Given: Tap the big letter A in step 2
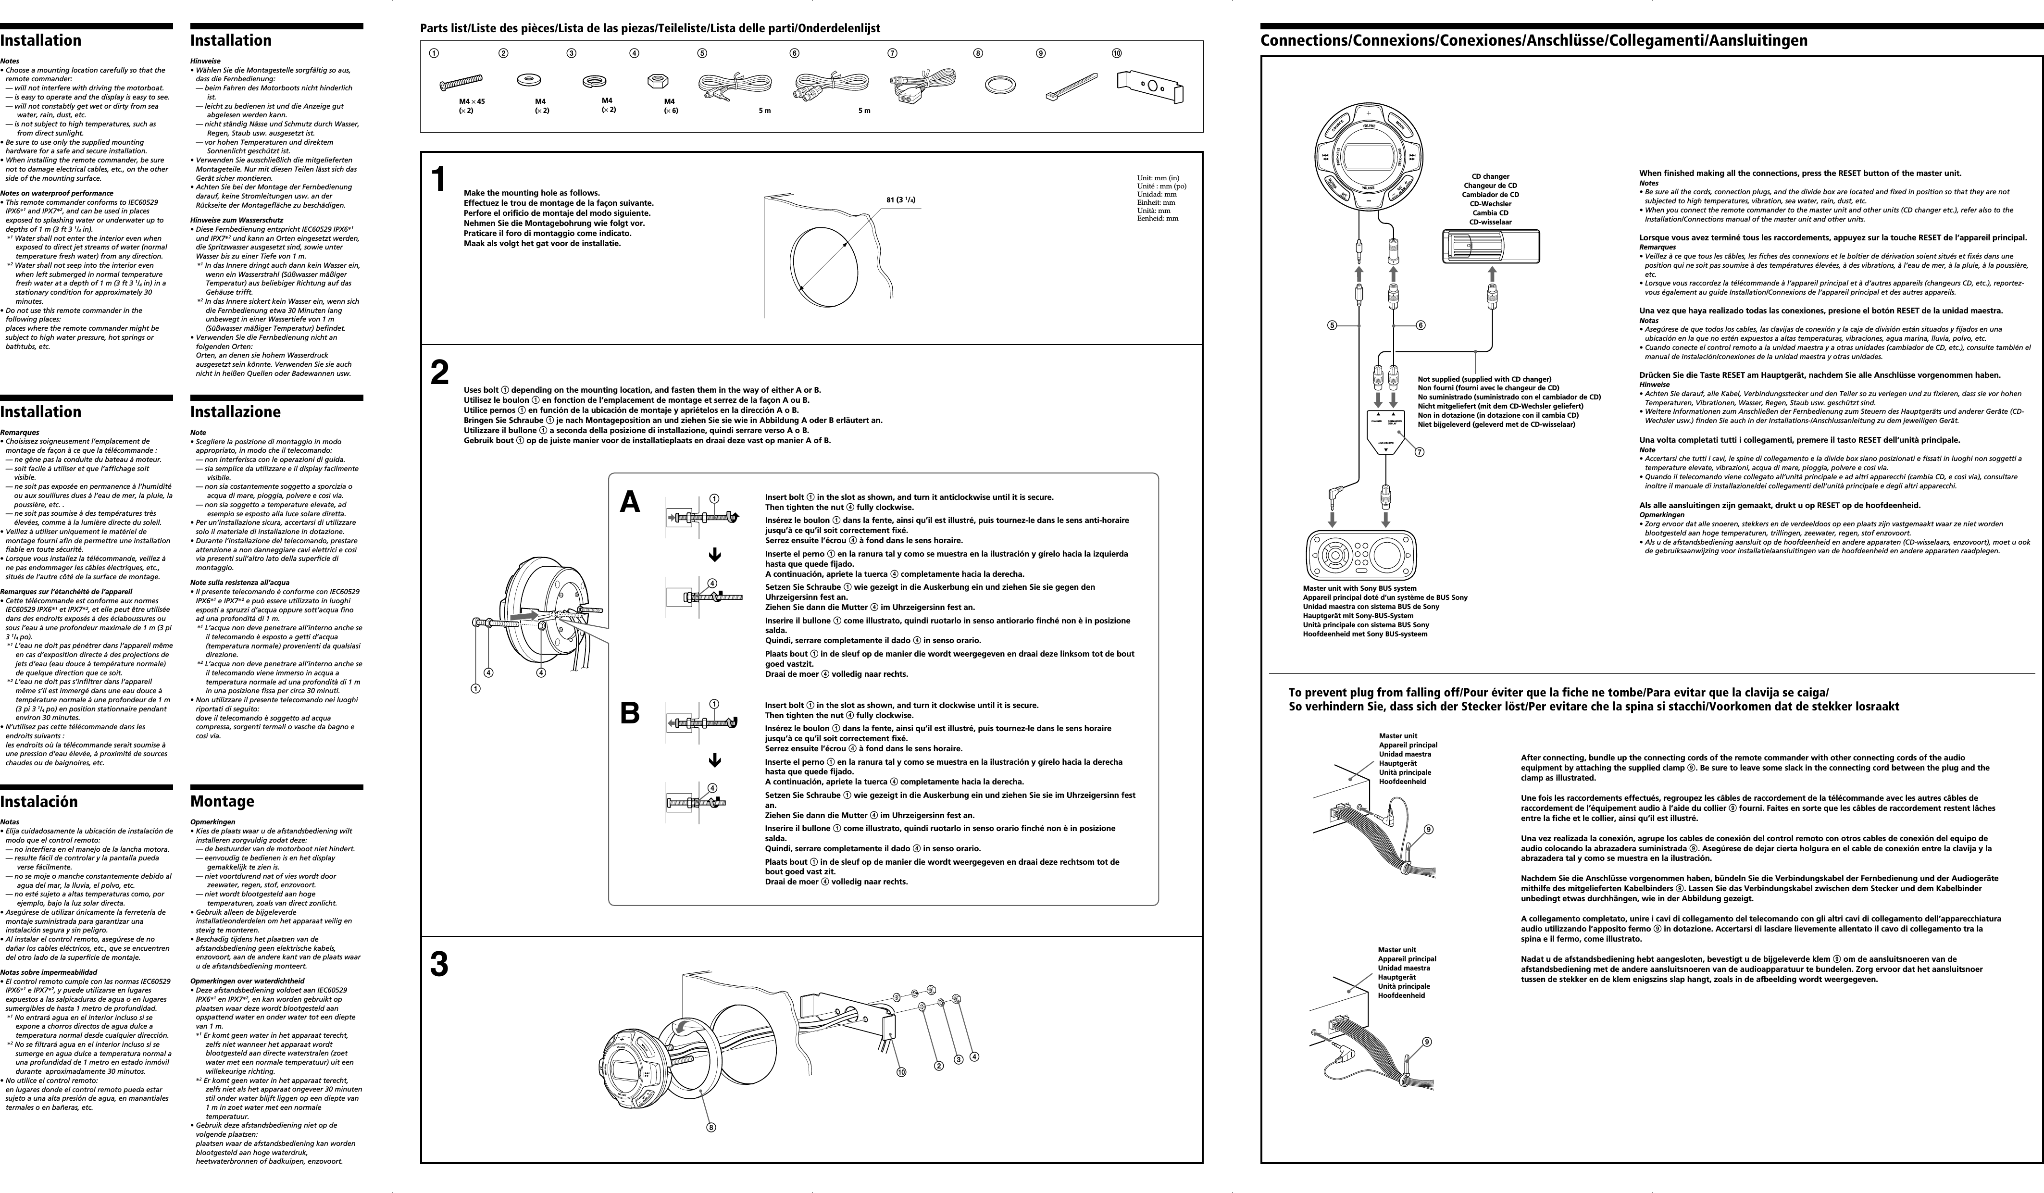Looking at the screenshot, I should (x=629, y=503).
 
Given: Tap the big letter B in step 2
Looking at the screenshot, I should (x=629, y=714).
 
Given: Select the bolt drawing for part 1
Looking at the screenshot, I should (x=461, y=83).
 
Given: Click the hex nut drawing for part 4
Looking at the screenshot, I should (x=657, y=82).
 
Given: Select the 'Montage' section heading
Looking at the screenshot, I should (x=222, y=801).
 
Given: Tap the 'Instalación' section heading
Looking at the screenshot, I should (x=39, y=801).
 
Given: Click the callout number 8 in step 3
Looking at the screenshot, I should (x=711, y=1127).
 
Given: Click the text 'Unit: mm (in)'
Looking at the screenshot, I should (x=1158, y=178).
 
